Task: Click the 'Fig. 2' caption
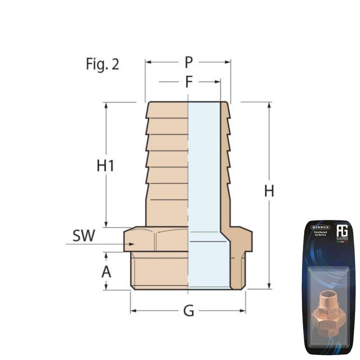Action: (102, 64)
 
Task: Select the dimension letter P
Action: (188, 62)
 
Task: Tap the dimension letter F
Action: (189, 83)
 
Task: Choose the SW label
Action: (83, 236)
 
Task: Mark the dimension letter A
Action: (106, 272)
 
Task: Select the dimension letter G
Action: (188, 310)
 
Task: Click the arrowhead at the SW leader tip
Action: (132, 244)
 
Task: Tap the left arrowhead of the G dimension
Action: (134, 310)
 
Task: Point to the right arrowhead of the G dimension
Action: (242, 310)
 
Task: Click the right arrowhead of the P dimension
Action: (228, 62)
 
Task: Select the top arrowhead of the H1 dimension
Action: (106, 105)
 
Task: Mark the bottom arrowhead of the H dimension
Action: (269, 286)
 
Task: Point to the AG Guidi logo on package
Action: (343, 232)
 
